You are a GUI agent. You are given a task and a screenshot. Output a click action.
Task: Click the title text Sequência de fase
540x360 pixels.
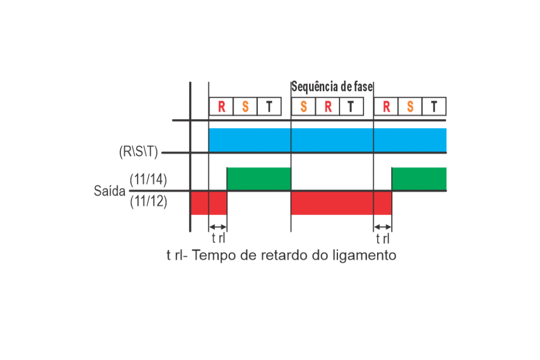[x=332, y=87]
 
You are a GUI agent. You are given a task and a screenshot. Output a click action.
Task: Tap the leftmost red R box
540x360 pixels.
[x=221, y=106]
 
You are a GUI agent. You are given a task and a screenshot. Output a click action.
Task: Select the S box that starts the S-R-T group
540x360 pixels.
[x=303, y=106]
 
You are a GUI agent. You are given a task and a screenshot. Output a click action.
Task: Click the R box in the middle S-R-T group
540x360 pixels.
[x=327, y=106]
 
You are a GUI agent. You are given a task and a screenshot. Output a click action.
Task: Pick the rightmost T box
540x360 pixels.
[x=434, y=106]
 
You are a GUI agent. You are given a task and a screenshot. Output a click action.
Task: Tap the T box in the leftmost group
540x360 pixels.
[x=269, y=106]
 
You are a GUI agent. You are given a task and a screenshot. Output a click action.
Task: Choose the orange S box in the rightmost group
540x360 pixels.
[x=410, y=106]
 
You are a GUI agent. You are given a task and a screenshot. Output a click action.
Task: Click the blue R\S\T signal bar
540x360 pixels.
[x=327, y=140]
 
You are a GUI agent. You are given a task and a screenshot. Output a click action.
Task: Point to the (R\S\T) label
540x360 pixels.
[x=139, y=151]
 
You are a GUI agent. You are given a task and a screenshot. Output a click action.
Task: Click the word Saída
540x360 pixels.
[x=110, y=191]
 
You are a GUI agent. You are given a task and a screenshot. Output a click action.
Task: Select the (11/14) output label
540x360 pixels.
[x=148, y=180]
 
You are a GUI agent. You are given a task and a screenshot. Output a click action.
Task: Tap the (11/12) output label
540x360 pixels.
[x=148, y=201]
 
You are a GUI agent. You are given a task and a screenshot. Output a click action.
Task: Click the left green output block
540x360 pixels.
[x=259, y=179]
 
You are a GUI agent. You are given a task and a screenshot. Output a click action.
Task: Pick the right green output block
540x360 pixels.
[x=419, y=179]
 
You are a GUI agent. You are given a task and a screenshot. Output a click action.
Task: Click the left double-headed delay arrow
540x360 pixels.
[x=218, y=227]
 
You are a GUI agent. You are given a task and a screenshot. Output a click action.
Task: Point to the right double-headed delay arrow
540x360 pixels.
[x=383, y=227]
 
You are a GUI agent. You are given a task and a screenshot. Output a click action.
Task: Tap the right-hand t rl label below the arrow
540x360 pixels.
[x=383, y=238]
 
